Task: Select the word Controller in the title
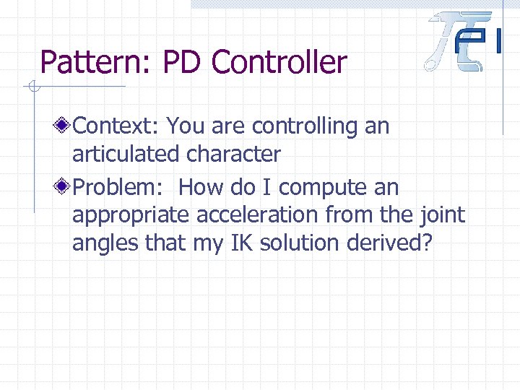[279, 63]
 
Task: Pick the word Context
[116, 126]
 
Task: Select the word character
[233, 154]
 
